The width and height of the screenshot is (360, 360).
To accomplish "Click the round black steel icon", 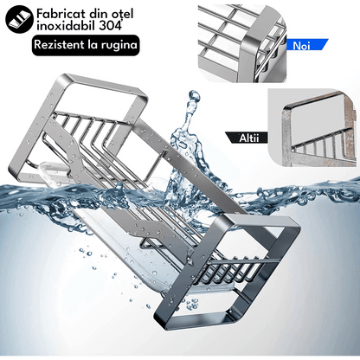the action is (19, 19).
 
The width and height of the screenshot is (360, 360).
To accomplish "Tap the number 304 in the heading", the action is (110, 26).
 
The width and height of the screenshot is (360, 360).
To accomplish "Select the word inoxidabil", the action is (67, 26).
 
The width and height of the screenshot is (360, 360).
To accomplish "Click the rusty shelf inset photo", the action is (312, 128).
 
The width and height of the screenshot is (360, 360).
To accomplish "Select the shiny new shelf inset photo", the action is (242, 44).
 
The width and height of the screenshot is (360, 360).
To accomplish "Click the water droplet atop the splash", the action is (194, 96).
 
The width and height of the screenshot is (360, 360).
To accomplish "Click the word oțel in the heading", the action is (122, 14).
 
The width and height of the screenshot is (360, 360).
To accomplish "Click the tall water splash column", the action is (184, 150).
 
